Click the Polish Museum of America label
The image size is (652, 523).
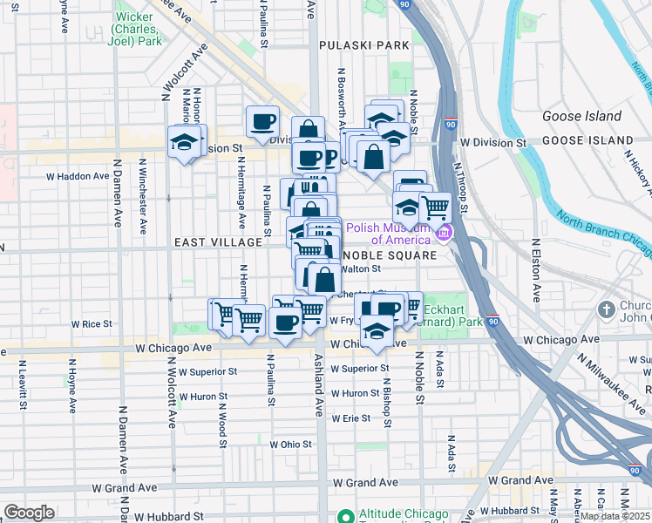[390, 233]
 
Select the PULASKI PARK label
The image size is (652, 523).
[364, 44]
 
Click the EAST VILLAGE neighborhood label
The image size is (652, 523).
[218, 242]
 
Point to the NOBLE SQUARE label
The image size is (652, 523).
[389, 255]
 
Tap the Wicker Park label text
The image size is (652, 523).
[137, 29]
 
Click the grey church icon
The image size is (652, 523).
[608, 309]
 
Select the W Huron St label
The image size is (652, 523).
[350, 393]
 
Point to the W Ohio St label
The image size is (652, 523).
[290, 444]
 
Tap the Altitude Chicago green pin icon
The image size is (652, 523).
[345, 516]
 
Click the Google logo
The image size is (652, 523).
[29, 513]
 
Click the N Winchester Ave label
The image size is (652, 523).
[140, 197]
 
